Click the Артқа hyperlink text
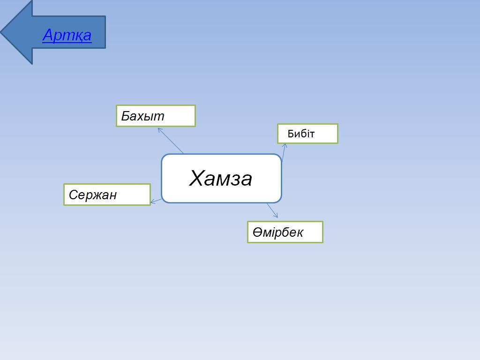pyautogui.click(x=67, y=35)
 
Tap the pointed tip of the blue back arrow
pyautogui.click(x=1, y=32)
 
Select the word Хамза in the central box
pyautogui.click(x=221, y=178)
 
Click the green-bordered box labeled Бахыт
pyautogui.click(x=156, y=116)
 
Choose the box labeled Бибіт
pyautogui.click(x=307, y=134)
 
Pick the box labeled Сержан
pyautogui.click(x=107, y=195)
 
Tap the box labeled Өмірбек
pyautogui.click(x=285, y=232)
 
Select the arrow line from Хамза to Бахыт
pyautogui.click(x=171, y=141)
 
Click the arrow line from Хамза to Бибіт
pyautogui.click(x=284, y=152)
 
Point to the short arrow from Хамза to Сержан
pyautogui.click(x=156, y=201)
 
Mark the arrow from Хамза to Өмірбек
pyautogui.click(x=272, y=210)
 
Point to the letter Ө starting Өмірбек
pyautogui.click(x=257, y=232)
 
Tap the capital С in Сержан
pyautogui.click(x=73, y=195)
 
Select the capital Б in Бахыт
pyautogui.click(x=126, y=116)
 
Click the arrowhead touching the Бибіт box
pyautogui.click(x=285, y=146)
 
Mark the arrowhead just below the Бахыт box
pyautogui.click(x=160, y=130)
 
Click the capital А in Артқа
pyautogui.click(x=48, y=35)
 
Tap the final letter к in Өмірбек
pyautogui.click(x=300, y=233)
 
